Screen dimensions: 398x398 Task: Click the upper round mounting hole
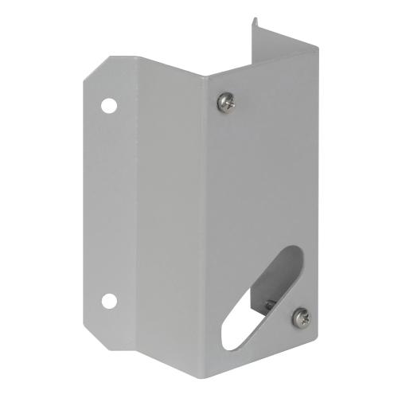pos(108,104)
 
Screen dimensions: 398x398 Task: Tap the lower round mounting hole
pos(108,300)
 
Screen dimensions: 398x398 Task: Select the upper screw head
pos(226,101)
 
